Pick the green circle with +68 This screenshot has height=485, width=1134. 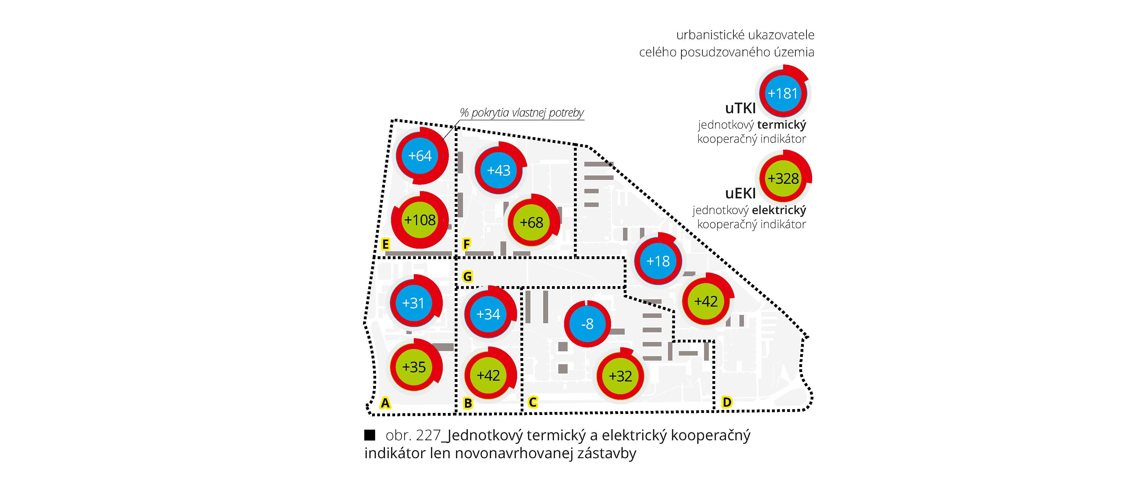click(x=531, y=222)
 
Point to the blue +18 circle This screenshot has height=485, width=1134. click(x=658, y=261)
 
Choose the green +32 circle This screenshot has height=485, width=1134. click(x=620, y=376)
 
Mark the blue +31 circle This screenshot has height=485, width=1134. click(x=413, y=303)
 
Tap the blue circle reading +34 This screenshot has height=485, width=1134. click(x=488, y=314)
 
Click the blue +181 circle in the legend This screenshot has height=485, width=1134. click(x=782, y=94)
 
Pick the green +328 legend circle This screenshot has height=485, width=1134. click(x=783, y=178)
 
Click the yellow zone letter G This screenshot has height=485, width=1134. click(x=468, y=277)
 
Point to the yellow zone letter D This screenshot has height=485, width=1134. click(x=727, y=402)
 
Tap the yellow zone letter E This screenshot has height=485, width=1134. click(x=385, y=244)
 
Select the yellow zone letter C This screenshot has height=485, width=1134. click(x=533, y=402)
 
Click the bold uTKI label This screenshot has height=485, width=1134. click(x=740, y=108)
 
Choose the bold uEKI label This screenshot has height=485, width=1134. click(x=740, y=193)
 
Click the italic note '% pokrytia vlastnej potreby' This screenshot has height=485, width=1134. click(x=522, y=113)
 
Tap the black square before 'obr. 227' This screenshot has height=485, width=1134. click(x=369, y=435)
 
